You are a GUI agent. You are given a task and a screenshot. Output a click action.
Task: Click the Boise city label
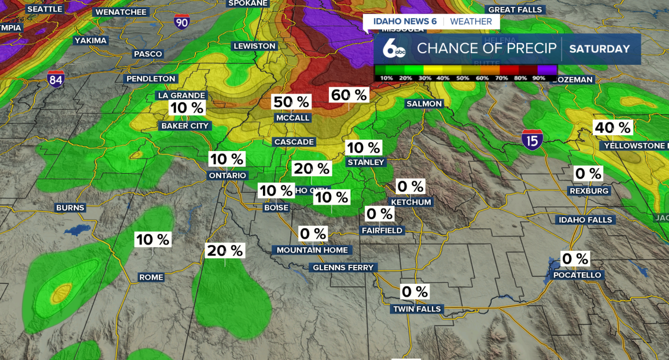[276, 207]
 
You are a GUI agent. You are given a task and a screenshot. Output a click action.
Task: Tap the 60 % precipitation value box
[349, 95]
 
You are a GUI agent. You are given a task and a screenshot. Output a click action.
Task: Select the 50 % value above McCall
[291, 102]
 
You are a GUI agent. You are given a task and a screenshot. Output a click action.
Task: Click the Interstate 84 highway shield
[55, 79]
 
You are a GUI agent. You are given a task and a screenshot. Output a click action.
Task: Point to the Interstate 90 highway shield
[182, 22]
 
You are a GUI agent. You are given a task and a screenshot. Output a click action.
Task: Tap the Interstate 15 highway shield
[532, 140]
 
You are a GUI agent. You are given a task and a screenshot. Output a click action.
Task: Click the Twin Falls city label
[417, 309]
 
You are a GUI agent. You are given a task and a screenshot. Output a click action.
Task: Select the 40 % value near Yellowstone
[613, 127]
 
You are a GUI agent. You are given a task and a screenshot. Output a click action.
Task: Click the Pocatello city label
[578, 275]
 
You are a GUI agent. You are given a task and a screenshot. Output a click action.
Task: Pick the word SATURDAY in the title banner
[599, 49]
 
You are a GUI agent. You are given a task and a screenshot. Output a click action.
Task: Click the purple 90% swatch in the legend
[547, 70]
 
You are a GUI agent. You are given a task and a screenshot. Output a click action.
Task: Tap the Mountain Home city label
[312, 250]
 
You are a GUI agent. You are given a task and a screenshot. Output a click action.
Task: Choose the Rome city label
[151, 277]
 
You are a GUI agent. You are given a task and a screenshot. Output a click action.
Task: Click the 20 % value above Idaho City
[312, 169]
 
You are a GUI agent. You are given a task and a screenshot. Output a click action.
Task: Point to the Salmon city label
[424, 103]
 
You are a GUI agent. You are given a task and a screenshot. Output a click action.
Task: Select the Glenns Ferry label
[343, 268]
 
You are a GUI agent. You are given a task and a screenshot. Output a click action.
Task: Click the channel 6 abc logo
[394, 49]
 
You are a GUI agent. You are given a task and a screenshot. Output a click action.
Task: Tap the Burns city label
[70, 207]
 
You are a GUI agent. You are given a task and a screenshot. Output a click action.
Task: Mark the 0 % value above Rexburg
[588, 173]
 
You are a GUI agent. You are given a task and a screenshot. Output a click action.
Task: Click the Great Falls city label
[515, 9]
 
